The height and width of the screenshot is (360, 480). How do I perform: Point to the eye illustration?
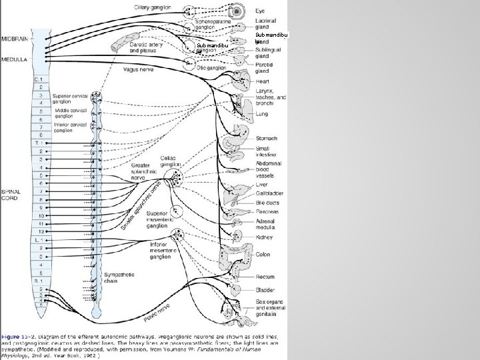pos(235,12)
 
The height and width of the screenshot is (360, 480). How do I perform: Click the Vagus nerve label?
pos(141,68)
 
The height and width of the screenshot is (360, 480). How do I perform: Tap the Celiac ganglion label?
pos(171,161)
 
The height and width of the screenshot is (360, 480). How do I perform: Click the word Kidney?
pos(263,237)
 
